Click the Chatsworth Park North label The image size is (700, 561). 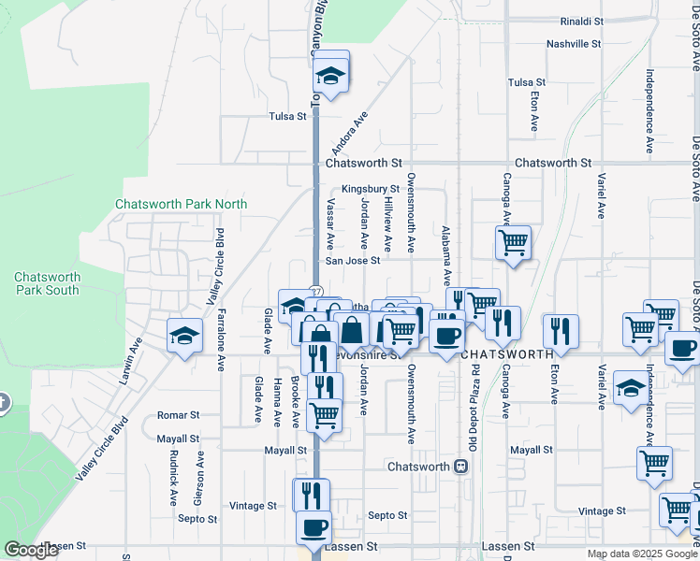(x=181, y=204)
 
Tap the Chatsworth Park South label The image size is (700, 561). (x=47, y=283)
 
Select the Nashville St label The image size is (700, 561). (x=574, y=44)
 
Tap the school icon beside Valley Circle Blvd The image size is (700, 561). (x=185, y=335)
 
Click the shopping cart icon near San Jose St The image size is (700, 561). (x=513, y=243)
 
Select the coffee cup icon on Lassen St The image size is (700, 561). (x=314, y=525)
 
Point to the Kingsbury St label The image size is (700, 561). (x=371, y=188)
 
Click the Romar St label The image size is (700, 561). (x=179, y=414)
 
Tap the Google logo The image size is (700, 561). (x=31, y=550)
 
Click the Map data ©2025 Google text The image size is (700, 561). (x=642, y=554)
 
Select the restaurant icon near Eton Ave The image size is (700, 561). (x=561, y=330)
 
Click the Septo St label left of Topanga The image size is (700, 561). (x=198, y=518)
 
